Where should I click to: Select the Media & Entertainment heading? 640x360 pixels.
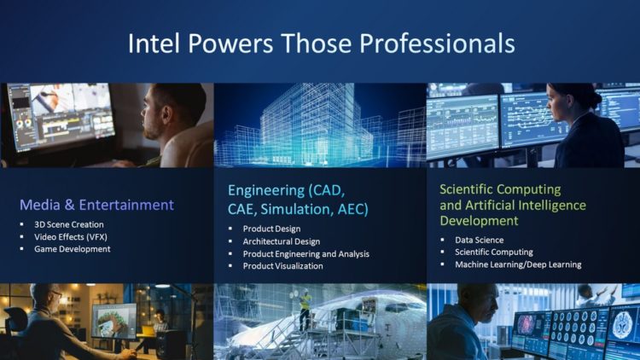(x=96, y=205)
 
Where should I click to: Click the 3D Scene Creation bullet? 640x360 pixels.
(x=69, y=224)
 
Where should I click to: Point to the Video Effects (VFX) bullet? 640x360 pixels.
(x=71, y=236)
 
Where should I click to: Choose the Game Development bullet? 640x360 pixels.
(x=73, y=249)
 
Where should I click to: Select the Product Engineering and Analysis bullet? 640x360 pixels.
(x=306, y=253)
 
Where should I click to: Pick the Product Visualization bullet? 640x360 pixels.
(x=283, y=265)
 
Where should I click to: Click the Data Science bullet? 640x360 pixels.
(x=479, y=240)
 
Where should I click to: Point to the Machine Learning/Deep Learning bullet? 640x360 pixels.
(x=518, y=264)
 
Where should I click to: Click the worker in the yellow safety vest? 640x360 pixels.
(x=305, y=308)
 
